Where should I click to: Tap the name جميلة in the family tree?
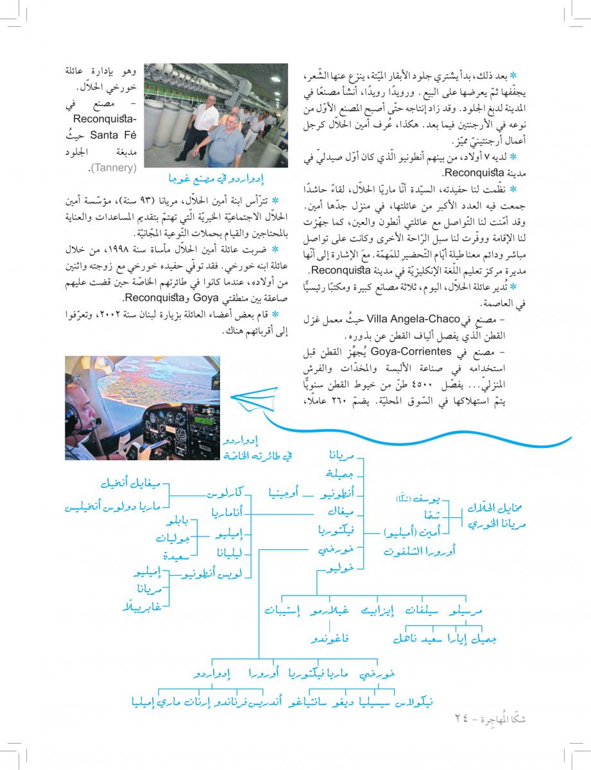tap(342, 474)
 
